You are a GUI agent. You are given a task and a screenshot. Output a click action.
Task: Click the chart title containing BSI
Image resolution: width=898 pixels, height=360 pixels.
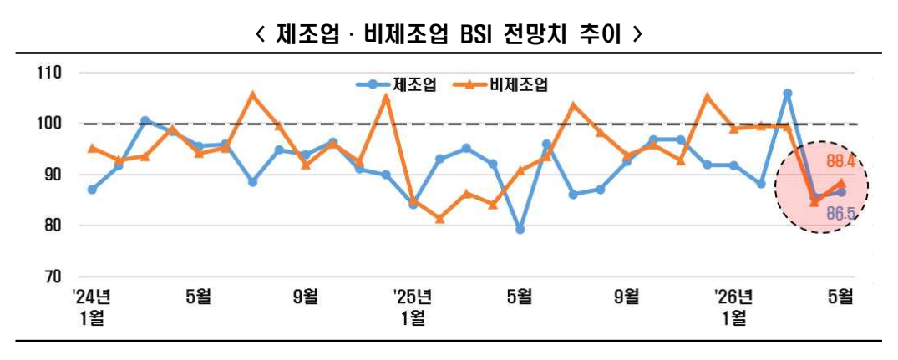click(x=449, y=34)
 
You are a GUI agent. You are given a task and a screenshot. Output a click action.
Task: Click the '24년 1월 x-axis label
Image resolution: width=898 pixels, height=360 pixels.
click(x=92, y=306)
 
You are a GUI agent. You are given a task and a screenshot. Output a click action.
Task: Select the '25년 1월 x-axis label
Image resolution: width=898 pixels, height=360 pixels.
click(x=413, y=306)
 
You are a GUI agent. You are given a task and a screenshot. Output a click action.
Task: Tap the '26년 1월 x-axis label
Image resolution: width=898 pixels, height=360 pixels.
click(x=733, y=306)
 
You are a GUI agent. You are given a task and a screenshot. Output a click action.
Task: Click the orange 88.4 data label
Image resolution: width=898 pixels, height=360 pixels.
click(x=840, y=161)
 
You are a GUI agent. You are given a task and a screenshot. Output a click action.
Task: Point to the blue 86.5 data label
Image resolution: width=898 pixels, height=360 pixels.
click(x=840, y=215)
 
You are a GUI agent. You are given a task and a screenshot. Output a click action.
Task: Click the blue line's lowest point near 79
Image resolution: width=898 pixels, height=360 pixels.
click(x=520, y=229)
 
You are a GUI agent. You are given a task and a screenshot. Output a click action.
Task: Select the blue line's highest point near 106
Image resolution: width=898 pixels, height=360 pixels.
click(x=787, y=94)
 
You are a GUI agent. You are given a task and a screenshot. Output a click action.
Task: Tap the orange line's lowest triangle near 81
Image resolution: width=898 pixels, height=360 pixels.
click(x=439, y=219)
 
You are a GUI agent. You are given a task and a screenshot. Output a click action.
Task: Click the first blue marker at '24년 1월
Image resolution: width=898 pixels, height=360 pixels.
click(x=92, y=190)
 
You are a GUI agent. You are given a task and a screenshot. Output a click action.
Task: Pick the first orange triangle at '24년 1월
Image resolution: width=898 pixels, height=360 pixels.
click(x=92, y=148)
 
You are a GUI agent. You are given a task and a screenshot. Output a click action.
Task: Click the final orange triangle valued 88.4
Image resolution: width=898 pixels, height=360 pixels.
click(x=840, y=183)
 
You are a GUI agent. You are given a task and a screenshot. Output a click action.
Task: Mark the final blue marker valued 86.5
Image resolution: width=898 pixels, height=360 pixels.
click(x=840, y=192)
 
